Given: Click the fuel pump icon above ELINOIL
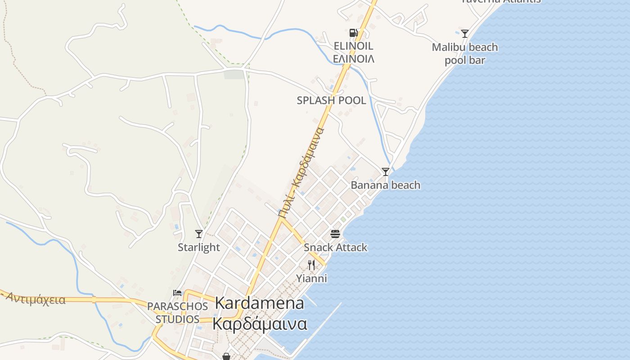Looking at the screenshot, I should coord(353,32).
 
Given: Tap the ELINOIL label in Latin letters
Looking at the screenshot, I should coord(354,46).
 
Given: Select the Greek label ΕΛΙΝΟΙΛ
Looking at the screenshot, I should coord(354,58).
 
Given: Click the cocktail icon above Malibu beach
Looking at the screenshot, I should coord(465,33).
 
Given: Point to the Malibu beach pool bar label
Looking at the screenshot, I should coord(465,54).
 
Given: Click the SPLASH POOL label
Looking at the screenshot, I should coord(331,100).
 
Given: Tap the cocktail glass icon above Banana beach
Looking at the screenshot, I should coord(386,171).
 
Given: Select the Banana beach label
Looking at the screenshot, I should coord(386,185).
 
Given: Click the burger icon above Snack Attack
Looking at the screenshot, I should coord(335,234).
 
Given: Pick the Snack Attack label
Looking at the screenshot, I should coord(335,247).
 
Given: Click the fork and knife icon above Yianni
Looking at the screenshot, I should coord(311,265).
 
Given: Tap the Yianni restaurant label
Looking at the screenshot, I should coord(311,278).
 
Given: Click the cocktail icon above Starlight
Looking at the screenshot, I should coord(199,234).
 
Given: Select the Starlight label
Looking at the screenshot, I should coord(199,247).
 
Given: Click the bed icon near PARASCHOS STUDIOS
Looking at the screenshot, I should coord(177,293).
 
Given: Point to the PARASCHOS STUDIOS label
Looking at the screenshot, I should coord(177,312).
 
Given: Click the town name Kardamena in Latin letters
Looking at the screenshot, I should coord(260,303).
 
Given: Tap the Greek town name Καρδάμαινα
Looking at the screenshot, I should coord(260,324).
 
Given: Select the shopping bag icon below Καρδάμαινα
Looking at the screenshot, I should coord(226,356).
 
